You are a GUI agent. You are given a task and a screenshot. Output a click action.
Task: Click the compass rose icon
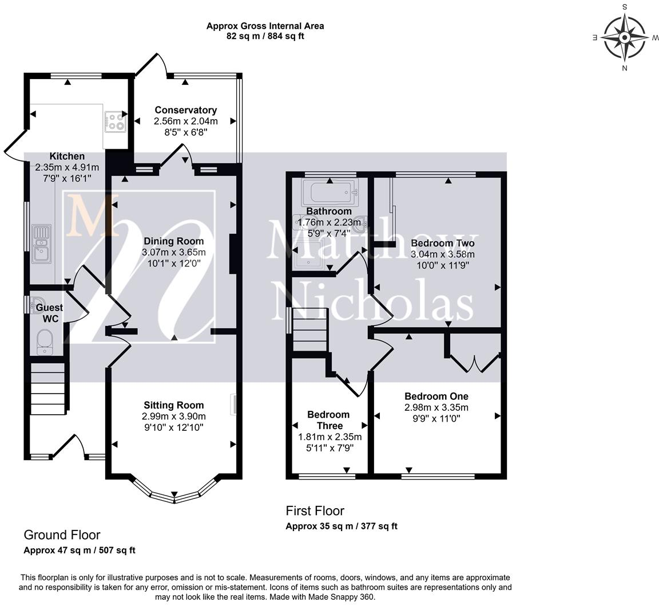624,37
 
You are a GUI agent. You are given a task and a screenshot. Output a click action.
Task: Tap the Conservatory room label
186,110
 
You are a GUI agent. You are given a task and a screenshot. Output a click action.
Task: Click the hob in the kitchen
115,121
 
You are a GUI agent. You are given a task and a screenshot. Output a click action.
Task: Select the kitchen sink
42,244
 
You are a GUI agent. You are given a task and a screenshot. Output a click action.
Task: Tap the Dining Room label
173,241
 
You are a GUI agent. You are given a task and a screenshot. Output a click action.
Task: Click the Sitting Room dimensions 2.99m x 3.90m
173,417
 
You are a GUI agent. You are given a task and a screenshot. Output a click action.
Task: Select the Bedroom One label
436,396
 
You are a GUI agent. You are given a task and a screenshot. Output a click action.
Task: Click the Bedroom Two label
443,243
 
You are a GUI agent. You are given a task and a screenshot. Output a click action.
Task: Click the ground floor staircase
47,388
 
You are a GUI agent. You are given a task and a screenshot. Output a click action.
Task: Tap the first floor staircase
310,329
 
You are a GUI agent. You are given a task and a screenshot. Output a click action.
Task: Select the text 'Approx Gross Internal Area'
265,26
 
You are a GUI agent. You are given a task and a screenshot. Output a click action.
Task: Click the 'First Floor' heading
315,510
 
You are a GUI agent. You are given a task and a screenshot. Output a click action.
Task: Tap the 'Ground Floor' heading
62,535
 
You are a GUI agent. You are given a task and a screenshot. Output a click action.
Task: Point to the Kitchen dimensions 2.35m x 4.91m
67,167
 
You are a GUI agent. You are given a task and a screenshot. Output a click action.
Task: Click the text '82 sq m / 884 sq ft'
265,36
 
